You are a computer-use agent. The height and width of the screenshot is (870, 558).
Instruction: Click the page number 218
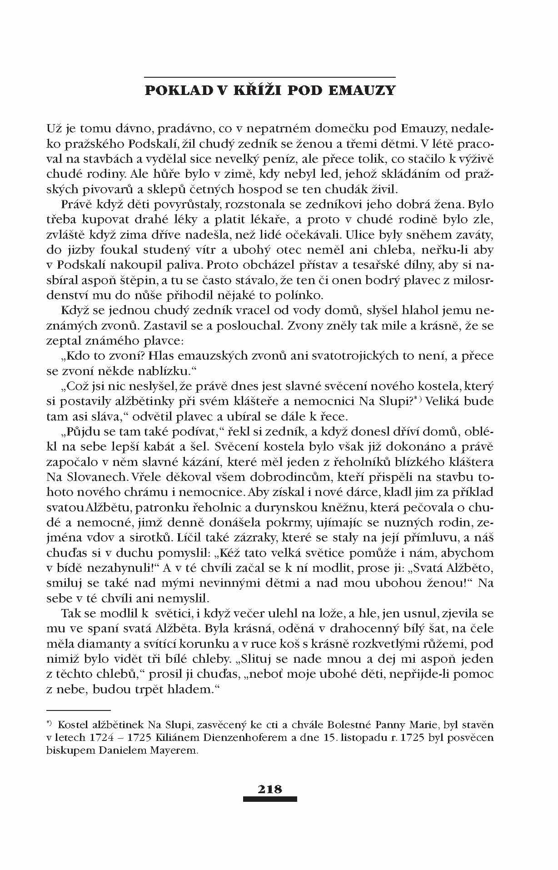tap(269, 789)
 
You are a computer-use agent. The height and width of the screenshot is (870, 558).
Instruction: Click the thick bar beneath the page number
tap(269, 799)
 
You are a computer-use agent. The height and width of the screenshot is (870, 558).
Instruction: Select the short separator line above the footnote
tap(79, 710)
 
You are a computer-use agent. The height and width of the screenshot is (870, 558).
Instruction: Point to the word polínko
tap(299, 295)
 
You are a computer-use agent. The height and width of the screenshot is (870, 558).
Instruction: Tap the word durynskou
tap(298, 508)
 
